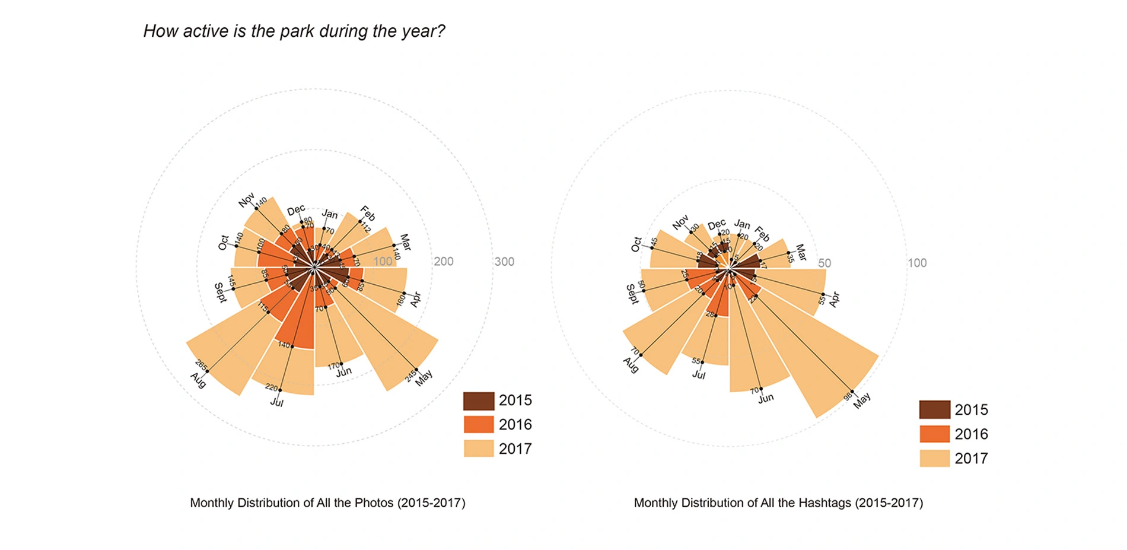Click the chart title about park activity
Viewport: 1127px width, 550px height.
coord(294,31)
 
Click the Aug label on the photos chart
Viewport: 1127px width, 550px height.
coord(198,380)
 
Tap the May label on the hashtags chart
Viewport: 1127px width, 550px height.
coord(862,400)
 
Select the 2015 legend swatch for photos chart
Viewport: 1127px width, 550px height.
coord(478,400)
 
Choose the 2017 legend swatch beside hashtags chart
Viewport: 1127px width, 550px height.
coord(934,458)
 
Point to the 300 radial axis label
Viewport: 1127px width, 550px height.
coord(504,262)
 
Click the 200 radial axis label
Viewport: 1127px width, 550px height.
coord(443,262)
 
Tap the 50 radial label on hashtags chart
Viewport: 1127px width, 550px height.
coord(824,263)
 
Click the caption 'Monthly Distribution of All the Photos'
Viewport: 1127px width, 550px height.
coord(327,503)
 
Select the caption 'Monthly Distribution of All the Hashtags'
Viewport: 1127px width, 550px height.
coord(778,503)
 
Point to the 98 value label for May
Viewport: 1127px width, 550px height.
coord(848,396)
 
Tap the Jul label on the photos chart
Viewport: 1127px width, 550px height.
coord(276,402)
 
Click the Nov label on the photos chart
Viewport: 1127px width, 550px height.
coord(246,200)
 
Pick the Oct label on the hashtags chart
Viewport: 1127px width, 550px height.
coord(636,244)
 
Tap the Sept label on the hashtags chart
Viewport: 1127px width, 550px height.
coord(632,294)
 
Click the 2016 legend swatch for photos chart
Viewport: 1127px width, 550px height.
coord(478,425)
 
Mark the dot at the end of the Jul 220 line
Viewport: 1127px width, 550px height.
coord(280,390)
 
